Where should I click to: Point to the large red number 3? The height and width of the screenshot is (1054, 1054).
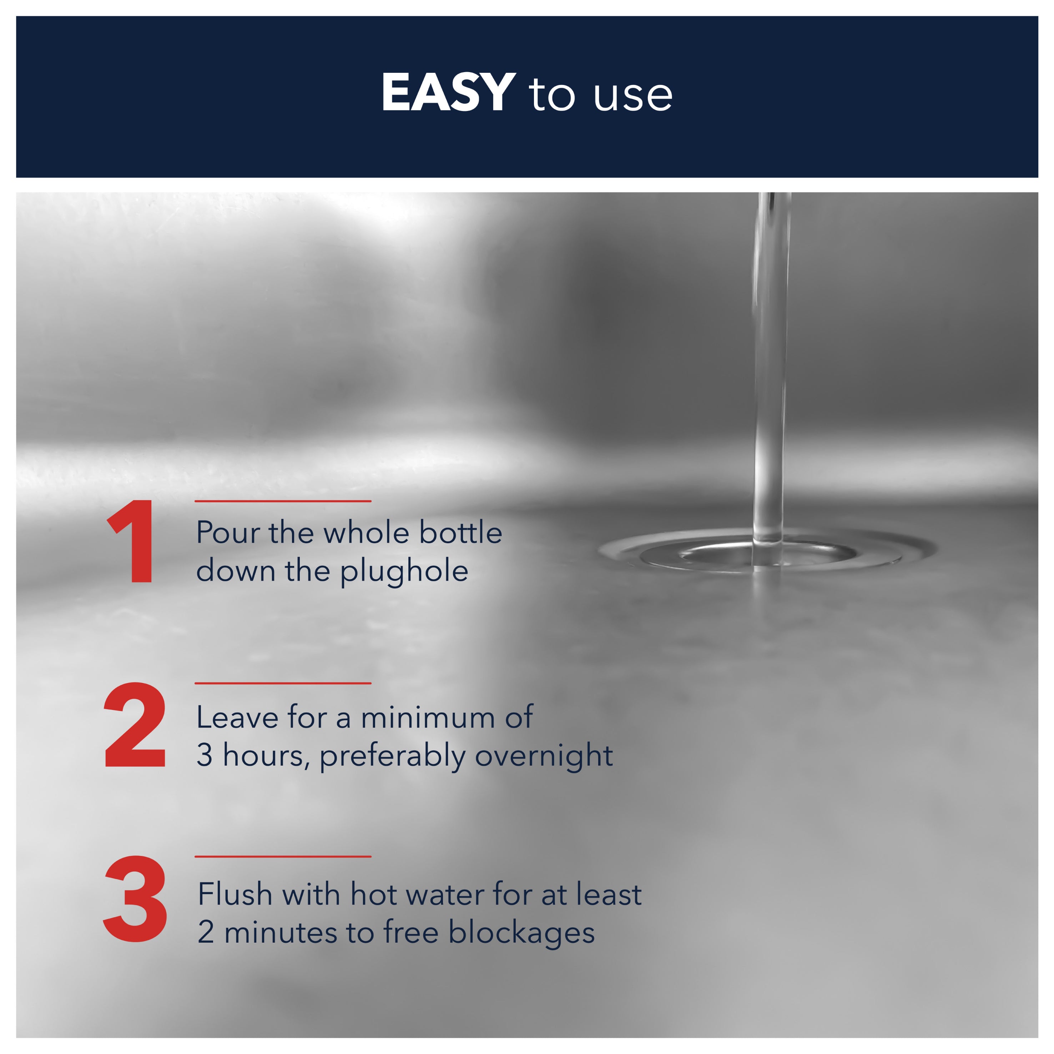tap(135, 899)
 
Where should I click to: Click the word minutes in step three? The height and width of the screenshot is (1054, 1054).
tap(281, 933)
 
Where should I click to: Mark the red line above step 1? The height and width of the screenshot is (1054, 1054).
tap(283, 501)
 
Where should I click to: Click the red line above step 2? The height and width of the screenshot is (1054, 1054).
tap(283, 683)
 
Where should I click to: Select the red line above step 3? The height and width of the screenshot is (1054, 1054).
tap(283, 857)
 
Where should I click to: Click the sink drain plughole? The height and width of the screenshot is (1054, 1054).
tap(766, 552)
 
